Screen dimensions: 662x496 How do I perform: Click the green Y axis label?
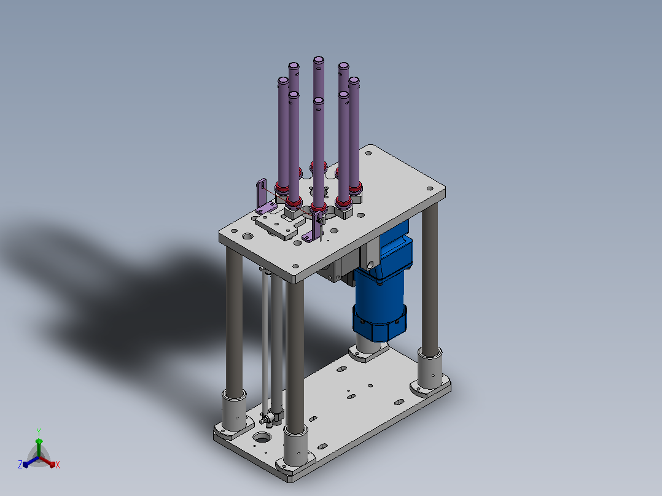pos(39,432)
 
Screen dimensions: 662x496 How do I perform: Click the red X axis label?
pos(58,465)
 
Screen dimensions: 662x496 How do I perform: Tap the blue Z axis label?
pos(20,465)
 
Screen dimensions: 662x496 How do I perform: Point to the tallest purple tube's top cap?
pos(318,60)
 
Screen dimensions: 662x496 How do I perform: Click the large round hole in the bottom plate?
pos(262,438)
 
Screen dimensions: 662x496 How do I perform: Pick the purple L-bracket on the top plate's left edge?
pos(264,198)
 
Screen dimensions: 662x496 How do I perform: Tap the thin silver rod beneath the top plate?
pos(265,342)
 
